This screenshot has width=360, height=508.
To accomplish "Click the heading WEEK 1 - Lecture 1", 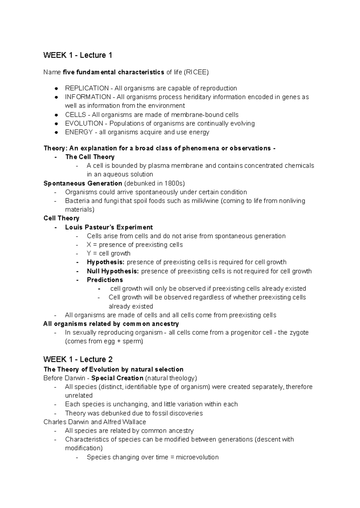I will [x=78, y=55].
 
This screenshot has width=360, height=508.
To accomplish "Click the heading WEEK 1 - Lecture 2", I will [x=78, y=359].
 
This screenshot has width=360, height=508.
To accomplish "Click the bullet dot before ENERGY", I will [x=56, y=132].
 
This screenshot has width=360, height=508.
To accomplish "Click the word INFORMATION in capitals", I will [x=88, y=97].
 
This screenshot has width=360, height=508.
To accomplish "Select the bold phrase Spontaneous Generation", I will [x=83, y=183].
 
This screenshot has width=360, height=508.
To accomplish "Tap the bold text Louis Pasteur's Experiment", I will [x=109, y=227].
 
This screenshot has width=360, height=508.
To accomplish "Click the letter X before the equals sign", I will [x=89, y=245].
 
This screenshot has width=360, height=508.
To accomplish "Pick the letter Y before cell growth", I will [x=89, y=253].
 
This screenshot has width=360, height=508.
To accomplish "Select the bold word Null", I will [x=93, y=271].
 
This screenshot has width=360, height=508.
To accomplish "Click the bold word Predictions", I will [x=105, y=280].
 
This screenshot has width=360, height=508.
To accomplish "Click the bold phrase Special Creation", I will [x=117, y=378].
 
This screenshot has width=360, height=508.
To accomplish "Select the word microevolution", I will [x=197, y=457].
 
